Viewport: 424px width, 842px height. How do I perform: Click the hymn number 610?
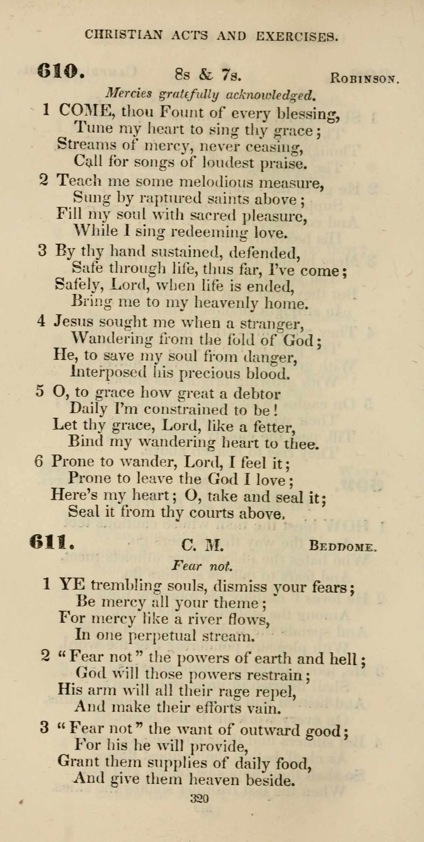coord(61,70)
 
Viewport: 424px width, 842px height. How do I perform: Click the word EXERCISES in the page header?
coord(296,36)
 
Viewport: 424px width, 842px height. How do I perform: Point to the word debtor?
coord(257,394)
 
